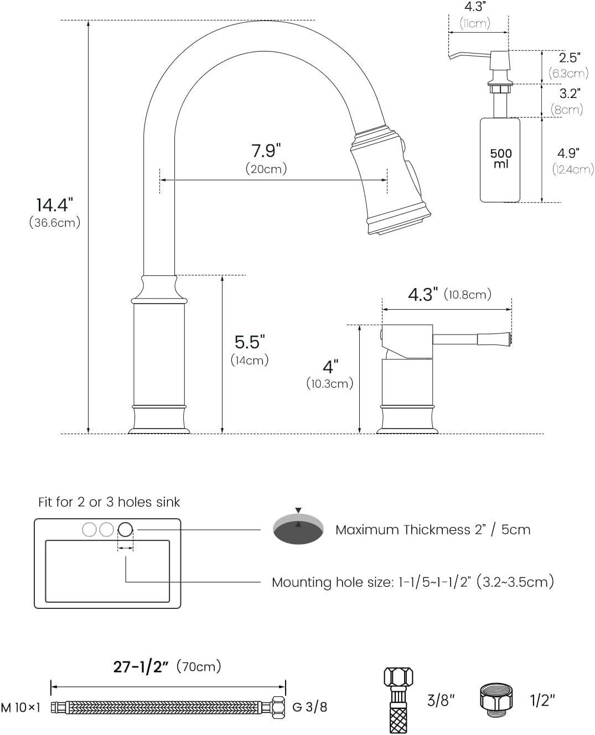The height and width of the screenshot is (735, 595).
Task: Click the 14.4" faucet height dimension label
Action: (55, 205)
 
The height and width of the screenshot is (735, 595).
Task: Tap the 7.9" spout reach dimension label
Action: (266, 151)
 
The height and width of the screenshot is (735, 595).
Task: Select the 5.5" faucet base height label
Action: (249, 342)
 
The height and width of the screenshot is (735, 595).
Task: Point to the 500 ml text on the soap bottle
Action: (501, 158)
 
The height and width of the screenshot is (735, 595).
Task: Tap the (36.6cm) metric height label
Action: (55, 222)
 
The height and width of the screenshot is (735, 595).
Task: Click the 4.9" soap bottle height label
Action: (568, 153)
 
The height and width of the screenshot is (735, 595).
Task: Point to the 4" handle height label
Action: (330, 367)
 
